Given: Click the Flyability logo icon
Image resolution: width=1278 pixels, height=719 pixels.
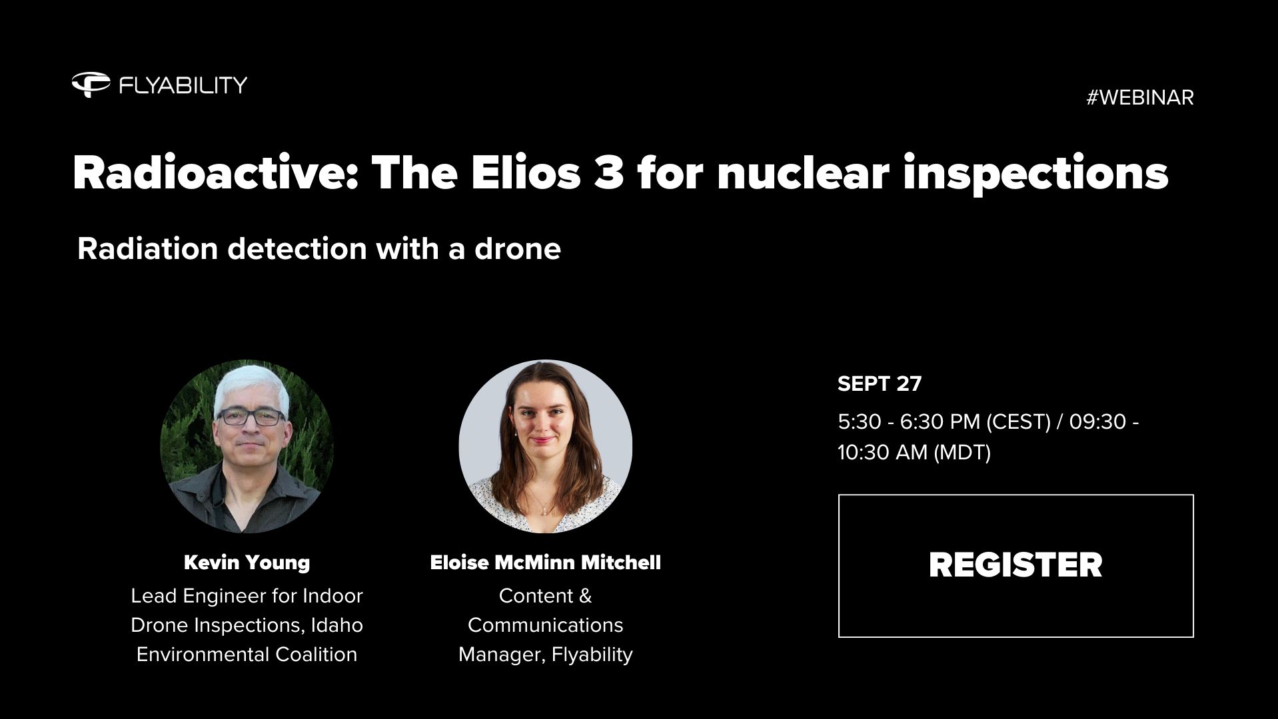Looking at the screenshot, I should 91,85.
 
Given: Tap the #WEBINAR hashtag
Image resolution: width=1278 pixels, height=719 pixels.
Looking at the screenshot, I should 1139,98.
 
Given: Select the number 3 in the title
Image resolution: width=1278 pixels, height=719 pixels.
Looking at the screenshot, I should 608,173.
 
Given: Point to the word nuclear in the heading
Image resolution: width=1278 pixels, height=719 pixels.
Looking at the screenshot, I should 803,173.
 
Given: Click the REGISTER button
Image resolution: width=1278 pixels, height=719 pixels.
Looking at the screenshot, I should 1015,565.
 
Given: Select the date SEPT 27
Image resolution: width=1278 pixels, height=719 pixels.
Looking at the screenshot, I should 880,383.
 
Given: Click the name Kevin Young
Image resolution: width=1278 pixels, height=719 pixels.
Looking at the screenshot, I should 247,563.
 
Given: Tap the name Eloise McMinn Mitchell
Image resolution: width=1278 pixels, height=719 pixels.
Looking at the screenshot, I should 545,563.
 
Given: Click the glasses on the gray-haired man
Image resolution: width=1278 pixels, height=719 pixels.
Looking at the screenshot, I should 251,417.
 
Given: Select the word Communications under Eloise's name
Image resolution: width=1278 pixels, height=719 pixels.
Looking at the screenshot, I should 545,625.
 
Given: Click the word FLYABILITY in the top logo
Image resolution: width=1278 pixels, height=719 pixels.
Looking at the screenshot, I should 183,85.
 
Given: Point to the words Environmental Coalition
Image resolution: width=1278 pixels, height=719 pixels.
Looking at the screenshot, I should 247,654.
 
